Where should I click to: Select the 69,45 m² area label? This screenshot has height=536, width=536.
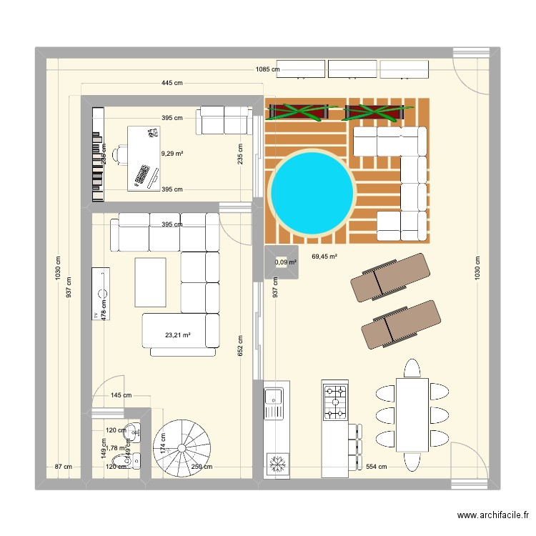pyautogui.click(x=324, y=256)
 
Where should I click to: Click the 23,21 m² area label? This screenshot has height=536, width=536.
pyautogui.click(x=177, y=334)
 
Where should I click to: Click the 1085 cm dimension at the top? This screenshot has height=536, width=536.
pyautogui.click(x=267, y=69)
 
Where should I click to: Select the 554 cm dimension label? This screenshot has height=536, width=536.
pyautogui.click(x=376, y=467)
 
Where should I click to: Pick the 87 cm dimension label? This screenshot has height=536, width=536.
pyautogui.click(x=64, y=467)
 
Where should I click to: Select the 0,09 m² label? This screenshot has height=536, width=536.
pyautogui.click(x=286, y=262)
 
